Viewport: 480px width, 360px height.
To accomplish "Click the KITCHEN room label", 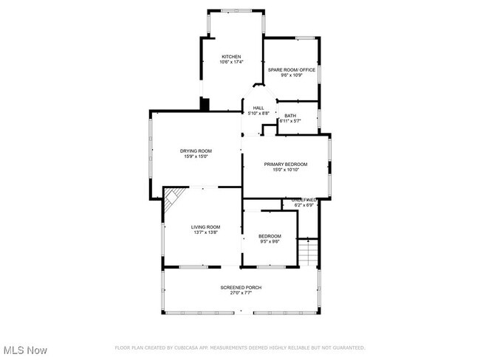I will [232, 57].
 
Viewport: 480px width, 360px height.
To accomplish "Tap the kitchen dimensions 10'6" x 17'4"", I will [232, 63].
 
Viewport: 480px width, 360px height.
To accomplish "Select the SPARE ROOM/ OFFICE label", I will [292, 70].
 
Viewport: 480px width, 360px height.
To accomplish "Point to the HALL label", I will [258, 108].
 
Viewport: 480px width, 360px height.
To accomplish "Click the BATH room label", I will [290, 115].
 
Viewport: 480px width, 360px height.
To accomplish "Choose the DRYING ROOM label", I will [196, 150].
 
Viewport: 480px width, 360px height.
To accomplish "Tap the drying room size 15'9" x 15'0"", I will [196, 156].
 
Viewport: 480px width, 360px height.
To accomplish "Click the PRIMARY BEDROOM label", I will [286, 164].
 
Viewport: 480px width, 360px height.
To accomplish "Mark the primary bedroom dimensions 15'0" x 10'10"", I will [286, 170].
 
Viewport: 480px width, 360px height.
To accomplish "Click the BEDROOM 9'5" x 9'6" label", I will [270, 236].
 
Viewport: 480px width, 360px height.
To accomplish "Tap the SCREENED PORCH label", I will [241, 287].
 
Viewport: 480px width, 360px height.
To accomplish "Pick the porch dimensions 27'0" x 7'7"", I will [241, 293].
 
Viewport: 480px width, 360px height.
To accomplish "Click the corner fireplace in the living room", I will [172, 196].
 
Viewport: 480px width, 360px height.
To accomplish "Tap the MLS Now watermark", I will [26, 349].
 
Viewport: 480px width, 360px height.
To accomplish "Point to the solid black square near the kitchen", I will [205, 104].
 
